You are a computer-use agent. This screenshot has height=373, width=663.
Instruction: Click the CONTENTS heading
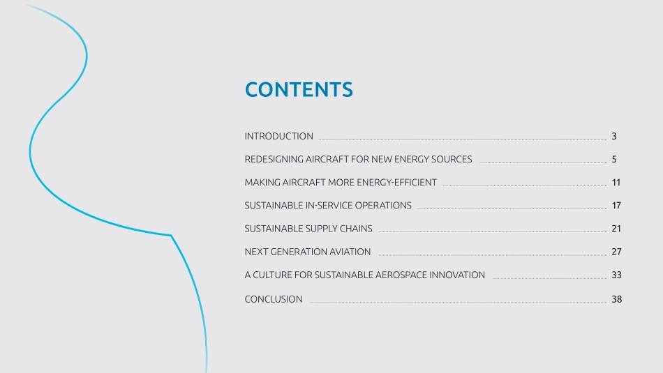click(x=299, y=89)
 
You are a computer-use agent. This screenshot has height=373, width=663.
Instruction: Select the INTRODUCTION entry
click(x=278, y=136)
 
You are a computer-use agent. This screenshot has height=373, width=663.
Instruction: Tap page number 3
click(x=614, y=136)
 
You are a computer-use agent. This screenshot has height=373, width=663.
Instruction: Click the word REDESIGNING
click(x=274, y=159)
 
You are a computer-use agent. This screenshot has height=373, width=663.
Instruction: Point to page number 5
click(x=614, y=159)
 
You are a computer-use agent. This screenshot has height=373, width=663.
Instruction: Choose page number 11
click(x=616, y=183)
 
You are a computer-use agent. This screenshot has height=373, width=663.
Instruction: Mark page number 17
click(x=616, y=205)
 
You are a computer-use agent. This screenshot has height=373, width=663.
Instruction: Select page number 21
click(x=616, y=229)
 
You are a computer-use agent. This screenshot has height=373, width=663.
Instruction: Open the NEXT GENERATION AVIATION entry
click(x=307, y=252)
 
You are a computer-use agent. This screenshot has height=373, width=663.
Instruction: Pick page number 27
click(x=616, y=252)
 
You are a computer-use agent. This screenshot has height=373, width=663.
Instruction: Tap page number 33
click(x=616, y=275)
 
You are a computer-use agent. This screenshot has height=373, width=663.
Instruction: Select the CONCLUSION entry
click(x=273, y=299)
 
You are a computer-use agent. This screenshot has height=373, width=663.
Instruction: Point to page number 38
click(x=616, y=299)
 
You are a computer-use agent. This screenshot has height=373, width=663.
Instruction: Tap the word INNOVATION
click(x=457, y=275)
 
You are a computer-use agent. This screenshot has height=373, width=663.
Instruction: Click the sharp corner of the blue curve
click(x=171, y=235)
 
